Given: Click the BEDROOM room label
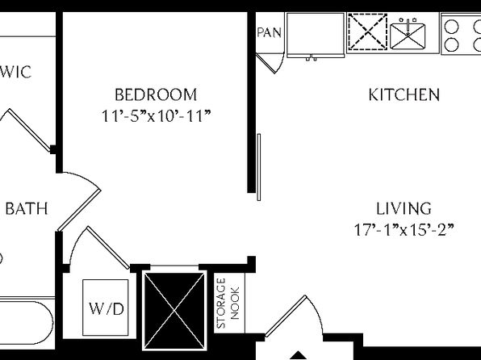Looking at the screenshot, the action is (156, 94).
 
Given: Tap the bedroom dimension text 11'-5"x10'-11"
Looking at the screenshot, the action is (157, 116).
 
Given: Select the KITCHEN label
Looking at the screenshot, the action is (404, 94).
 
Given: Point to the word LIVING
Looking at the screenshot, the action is (404, 209).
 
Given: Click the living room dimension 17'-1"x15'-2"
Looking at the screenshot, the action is (404, 230).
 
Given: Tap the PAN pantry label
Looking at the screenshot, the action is (269, 32).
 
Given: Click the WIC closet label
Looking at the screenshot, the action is (16, 72).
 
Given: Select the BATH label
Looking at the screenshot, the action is (27, 209).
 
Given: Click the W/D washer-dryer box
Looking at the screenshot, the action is (106, 308).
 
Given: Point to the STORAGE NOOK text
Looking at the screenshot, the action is (228, 303).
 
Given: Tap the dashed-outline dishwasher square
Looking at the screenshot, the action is (368, 31).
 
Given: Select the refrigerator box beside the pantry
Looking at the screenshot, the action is (316, 35).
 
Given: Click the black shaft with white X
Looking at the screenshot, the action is (174, 311).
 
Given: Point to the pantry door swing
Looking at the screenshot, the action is (270, 63).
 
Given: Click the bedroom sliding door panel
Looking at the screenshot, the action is (259, 167).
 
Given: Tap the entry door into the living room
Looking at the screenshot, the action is (285, 316).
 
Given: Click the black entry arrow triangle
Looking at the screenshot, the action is (297, 355).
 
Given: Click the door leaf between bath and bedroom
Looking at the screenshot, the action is (79, 211).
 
